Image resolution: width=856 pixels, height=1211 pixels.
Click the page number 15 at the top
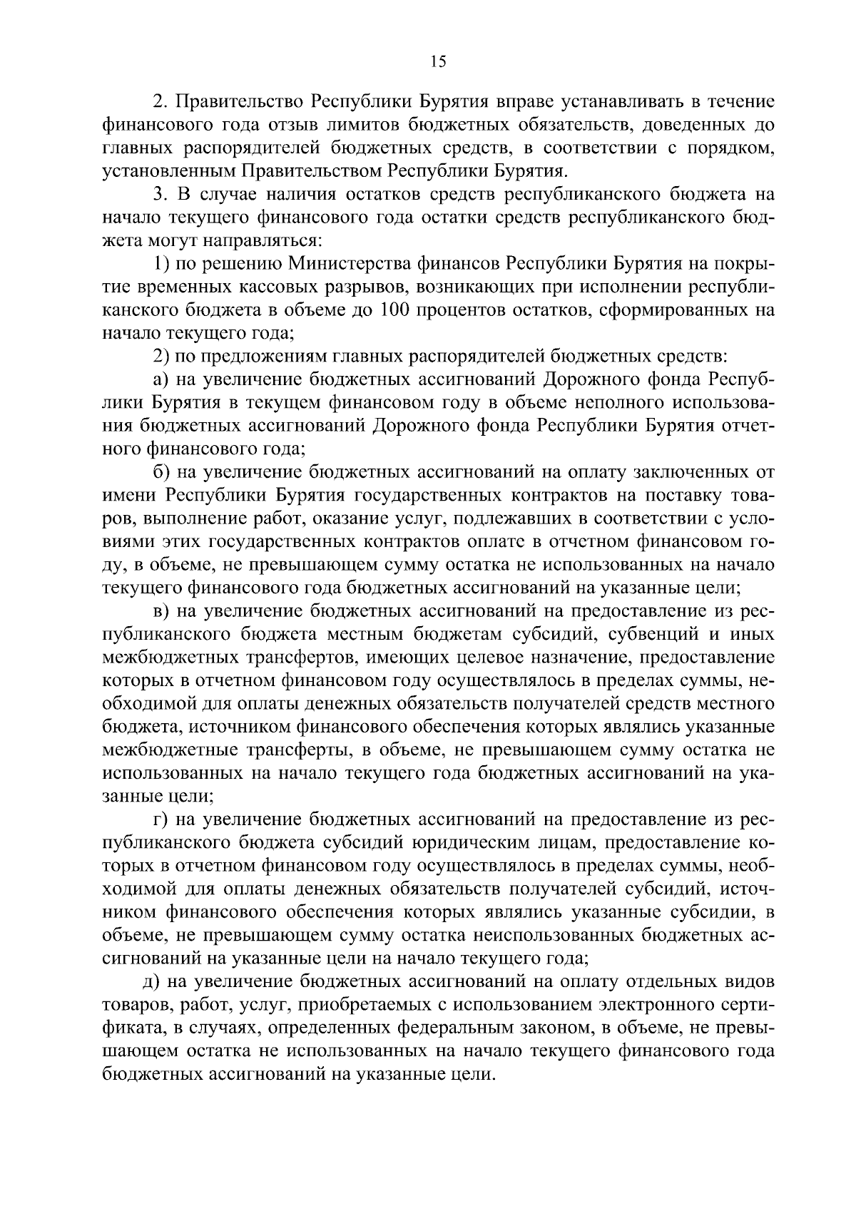pyautogui.click(x=438, y=62)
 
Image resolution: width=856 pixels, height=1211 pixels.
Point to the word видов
pyautogui.click(x=746, y=983)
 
